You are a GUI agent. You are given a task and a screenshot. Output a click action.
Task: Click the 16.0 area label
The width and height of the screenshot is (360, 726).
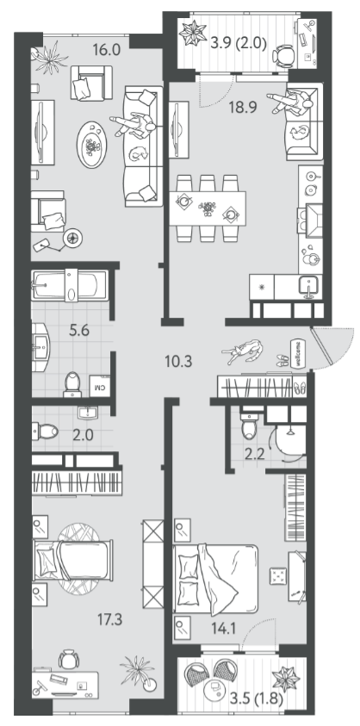(106, 50)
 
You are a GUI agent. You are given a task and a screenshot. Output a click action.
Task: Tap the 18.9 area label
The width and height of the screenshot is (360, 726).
(243, 108)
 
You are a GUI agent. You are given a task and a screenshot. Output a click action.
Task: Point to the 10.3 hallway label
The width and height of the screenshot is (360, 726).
(178, 360)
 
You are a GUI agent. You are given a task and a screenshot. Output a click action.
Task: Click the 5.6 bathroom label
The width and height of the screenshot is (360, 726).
(78, 331)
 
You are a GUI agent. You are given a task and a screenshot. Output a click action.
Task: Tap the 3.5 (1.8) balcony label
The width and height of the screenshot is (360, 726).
(256, 698)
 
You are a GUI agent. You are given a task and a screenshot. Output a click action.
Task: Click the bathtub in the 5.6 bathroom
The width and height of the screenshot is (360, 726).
(71, 286)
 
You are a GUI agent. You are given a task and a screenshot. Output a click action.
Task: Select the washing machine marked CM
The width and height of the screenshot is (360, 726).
(100, 385)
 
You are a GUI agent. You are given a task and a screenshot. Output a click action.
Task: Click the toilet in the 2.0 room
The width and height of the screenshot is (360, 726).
(45, 431)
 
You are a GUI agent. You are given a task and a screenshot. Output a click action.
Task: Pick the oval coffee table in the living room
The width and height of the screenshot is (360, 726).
(92, 145)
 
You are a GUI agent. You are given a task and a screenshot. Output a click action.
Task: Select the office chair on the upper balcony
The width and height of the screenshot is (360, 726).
(283, 56)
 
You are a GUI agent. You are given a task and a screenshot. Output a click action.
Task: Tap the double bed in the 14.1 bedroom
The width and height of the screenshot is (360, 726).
(215, 579)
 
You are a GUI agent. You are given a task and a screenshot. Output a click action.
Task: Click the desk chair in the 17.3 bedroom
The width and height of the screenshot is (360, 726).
(69, 659)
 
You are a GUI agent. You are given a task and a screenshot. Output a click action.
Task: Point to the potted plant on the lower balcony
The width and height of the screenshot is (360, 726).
(286, 679)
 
